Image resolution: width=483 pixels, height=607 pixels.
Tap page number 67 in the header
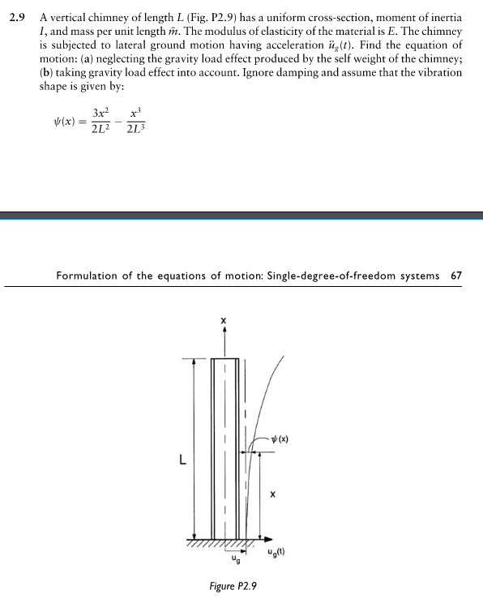(455, 276)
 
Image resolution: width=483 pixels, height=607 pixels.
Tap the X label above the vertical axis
(224, 322)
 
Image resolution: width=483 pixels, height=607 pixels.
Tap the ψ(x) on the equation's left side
(62, 122)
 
